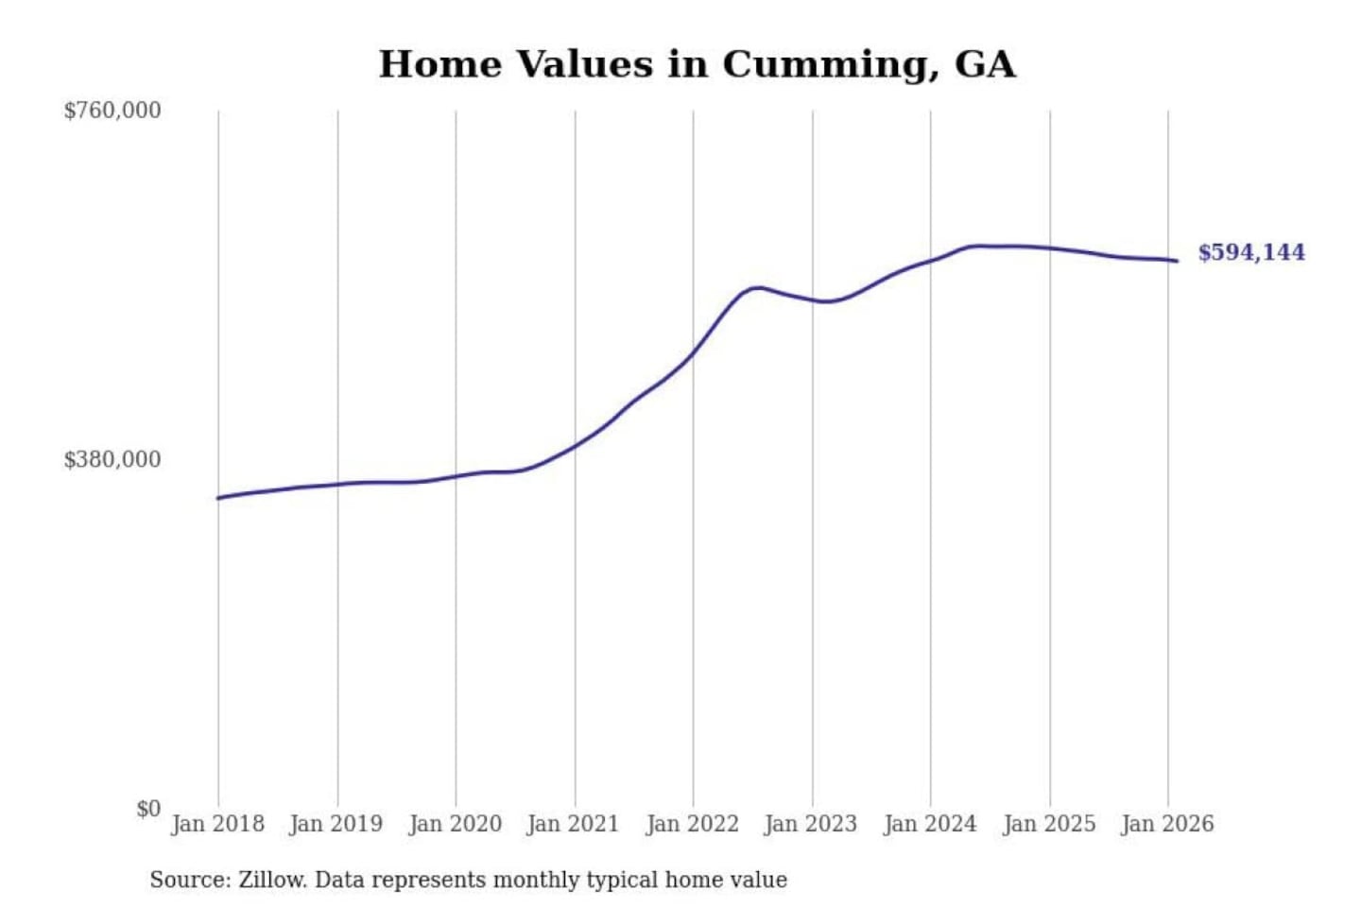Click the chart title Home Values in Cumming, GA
point(697,64)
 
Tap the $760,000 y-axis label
point(112,111)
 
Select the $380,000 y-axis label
point(112,460)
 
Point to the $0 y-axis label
point(148,809)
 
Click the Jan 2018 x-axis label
point(217,824)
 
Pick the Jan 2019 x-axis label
point(336,824)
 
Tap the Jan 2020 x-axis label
point(455,824)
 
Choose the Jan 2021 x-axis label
point(573,824)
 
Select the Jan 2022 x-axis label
point(692,824)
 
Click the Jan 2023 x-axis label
point(810,824)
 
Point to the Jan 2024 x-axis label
point(929,824)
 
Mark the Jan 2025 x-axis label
point(1048,824)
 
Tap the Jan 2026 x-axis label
point(1166,824)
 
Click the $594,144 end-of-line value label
point(1251,252)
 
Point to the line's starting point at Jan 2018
point(218,498)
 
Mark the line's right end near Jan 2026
point(1177,261)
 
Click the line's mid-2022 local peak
point(756,287)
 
